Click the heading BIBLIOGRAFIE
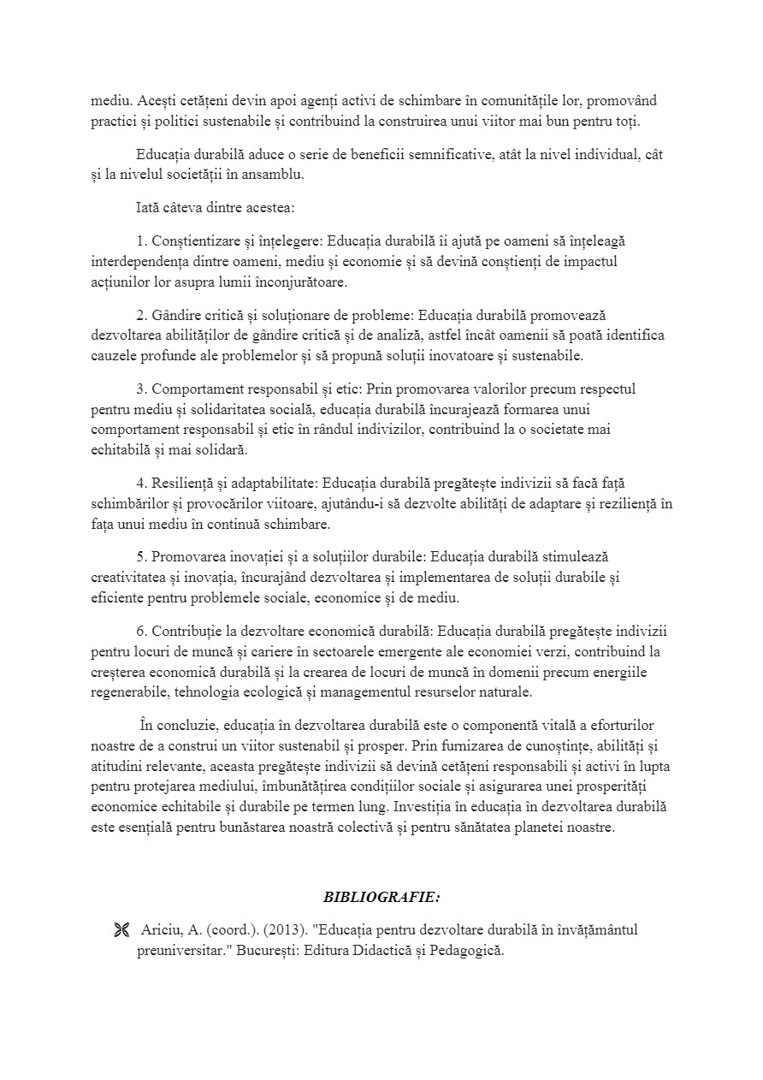(x=381, y=898)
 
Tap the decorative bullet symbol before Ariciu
(x=121, y=931)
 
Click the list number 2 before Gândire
(x=140, y=315)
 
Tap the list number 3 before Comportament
(x=140, y=389)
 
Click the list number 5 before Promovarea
(x=140, y=556)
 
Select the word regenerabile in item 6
(x=133, y=691)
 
